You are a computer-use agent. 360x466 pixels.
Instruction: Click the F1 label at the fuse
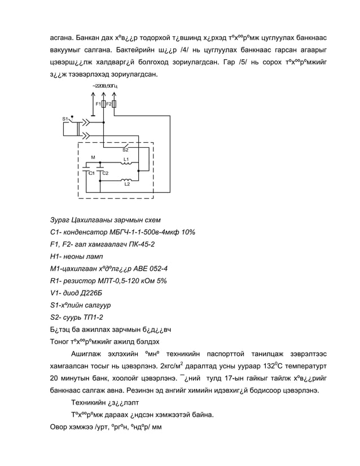(x=98, y=104)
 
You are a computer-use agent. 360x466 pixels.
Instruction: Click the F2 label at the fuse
(x=108, y=104)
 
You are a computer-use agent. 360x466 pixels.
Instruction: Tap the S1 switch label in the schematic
(x=65, y=119)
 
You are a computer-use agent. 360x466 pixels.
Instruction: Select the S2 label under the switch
(x=125, y=150)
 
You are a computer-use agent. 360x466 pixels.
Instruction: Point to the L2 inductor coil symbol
(x=127, y=181)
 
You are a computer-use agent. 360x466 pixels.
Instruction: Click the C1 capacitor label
(x=90, y=173)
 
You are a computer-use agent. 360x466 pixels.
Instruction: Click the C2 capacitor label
(x=106, y=173)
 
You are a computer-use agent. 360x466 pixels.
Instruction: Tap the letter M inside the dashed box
(x=93, y=157)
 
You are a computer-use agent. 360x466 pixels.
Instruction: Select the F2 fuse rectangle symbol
(x=114, y=104)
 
